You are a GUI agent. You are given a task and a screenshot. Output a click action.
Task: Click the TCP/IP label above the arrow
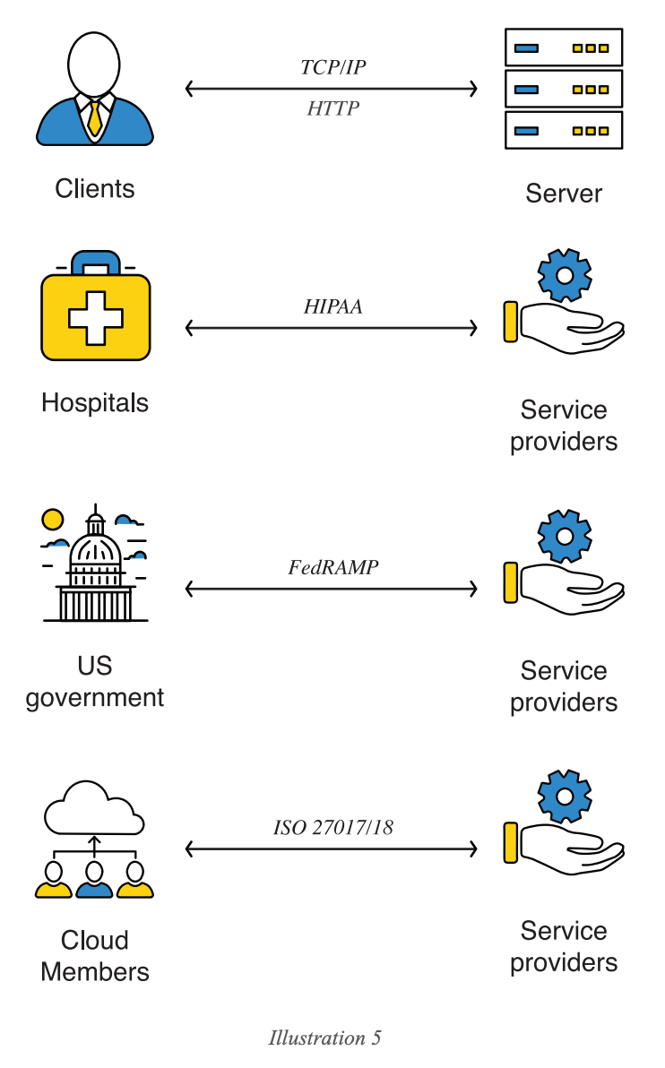[332, 68]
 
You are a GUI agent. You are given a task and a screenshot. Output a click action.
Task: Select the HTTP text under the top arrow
[332, 109]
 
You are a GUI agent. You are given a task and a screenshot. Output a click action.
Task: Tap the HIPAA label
[332, 306]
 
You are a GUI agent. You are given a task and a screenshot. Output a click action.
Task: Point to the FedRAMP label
[332, 567]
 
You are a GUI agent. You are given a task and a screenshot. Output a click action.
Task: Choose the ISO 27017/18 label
[332, 828]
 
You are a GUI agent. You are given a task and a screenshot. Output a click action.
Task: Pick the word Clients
[95, 189]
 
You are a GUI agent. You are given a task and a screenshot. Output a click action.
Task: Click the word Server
[564, 194]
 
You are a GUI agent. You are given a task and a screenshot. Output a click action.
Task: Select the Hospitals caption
[95, 402]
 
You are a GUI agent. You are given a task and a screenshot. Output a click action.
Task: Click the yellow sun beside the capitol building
[54, 519]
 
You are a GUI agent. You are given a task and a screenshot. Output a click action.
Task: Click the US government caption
[95, 682]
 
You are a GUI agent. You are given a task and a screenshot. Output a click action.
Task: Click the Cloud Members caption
[95, 956]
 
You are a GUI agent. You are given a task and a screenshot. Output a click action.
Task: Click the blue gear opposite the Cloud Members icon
[565, 796]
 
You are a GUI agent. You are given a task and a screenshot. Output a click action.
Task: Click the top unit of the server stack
[564, 47]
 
